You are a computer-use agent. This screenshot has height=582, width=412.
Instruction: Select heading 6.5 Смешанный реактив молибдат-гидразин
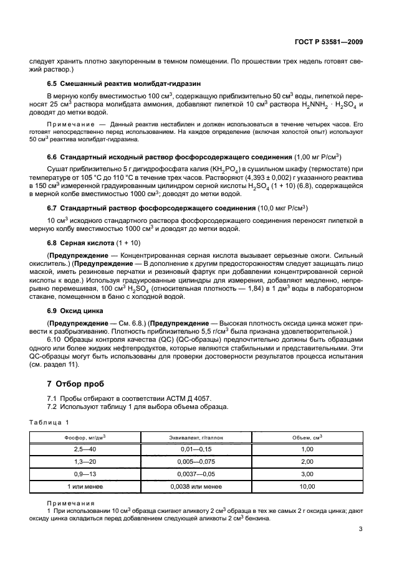(124, 83)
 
